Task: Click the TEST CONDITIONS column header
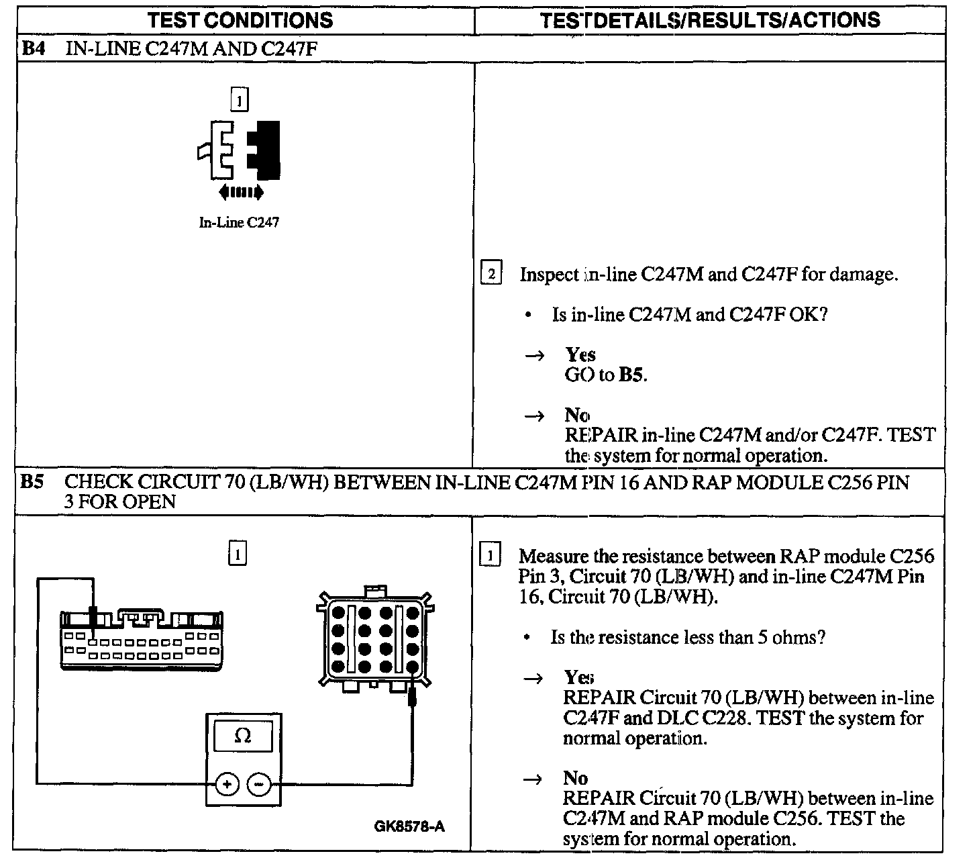tap(240, 20)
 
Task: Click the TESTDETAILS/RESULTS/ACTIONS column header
tap(711, 20)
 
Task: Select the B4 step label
tap(33, 49)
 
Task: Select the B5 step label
tap(32, 482)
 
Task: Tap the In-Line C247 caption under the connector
tap(238, 223)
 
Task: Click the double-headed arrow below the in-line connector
tap(241, 193)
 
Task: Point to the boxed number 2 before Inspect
tap(491, 274)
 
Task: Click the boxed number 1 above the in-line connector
tap(239, 100)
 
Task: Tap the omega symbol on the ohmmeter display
tap(243, 736)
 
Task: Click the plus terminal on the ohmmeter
tap(227, 783)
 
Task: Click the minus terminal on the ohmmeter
tap(260, 783)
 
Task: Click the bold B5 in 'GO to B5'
tap(631, 375)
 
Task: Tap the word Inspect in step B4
tap(549, 274)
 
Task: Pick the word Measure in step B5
tap(552, 556)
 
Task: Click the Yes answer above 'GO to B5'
tap(580, 354)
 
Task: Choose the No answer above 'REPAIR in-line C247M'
tap(576, 415)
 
